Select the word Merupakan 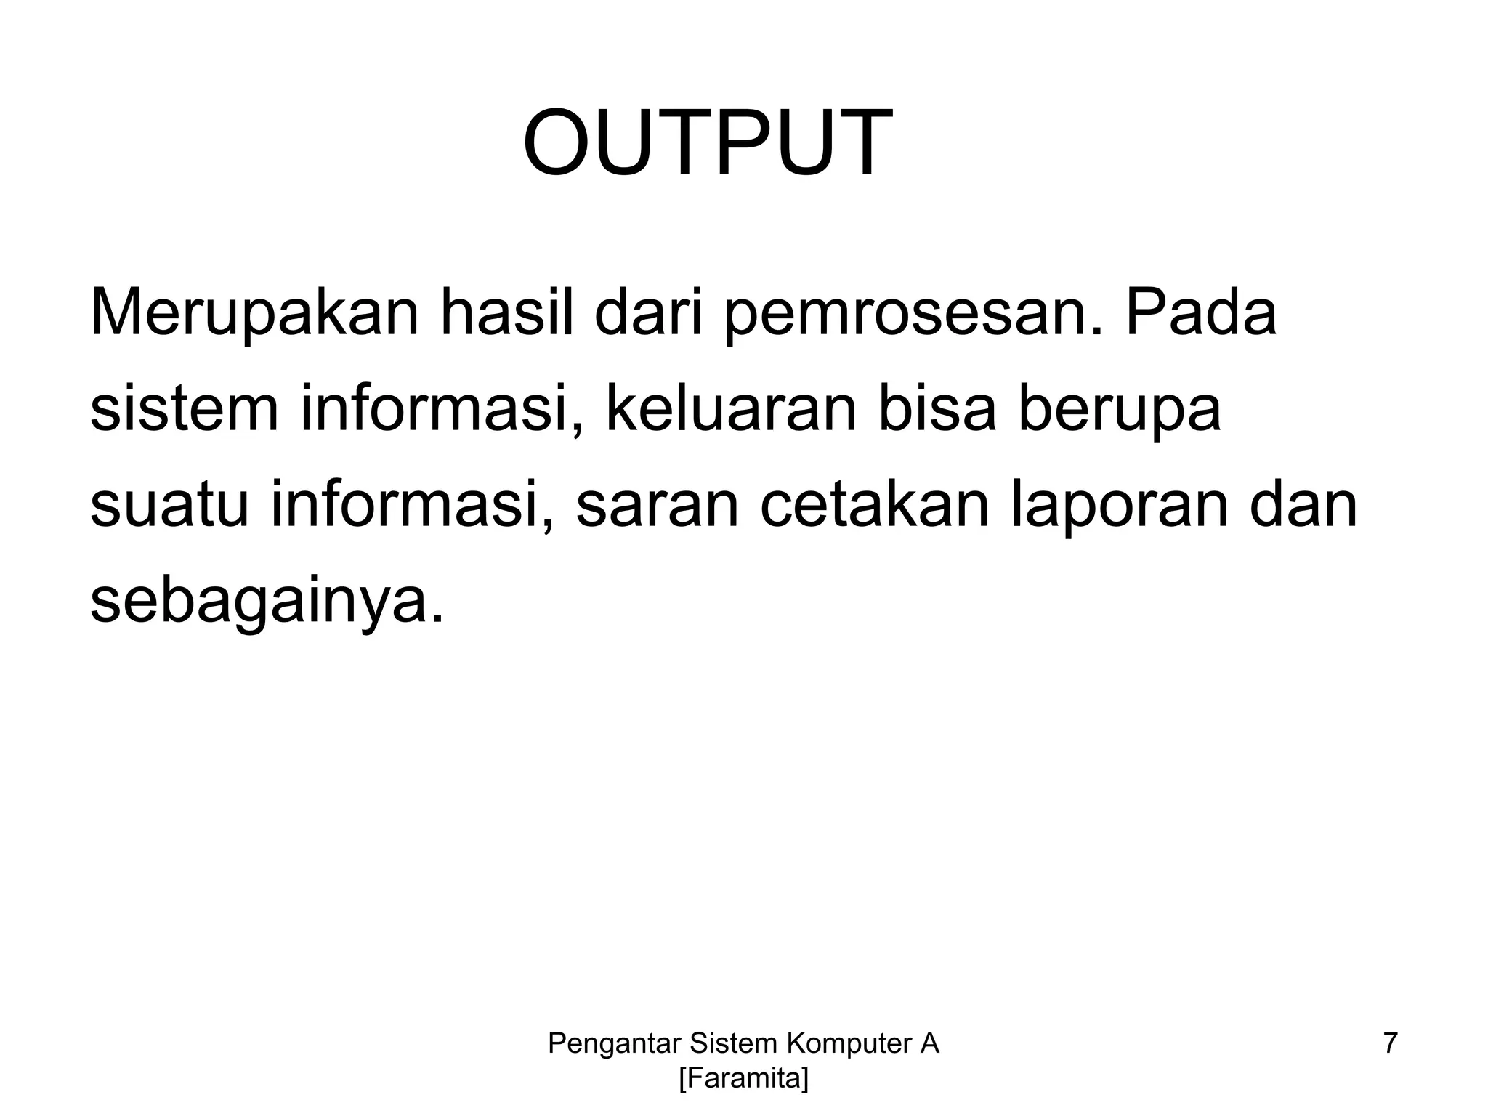point(254,314)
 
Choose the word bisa point(937,410)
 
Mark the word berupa point(1120,410)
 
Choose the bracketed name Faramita point(743,1079)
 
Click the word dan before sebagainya point(1303,506)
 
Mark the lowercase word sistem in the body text point(184,410)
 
